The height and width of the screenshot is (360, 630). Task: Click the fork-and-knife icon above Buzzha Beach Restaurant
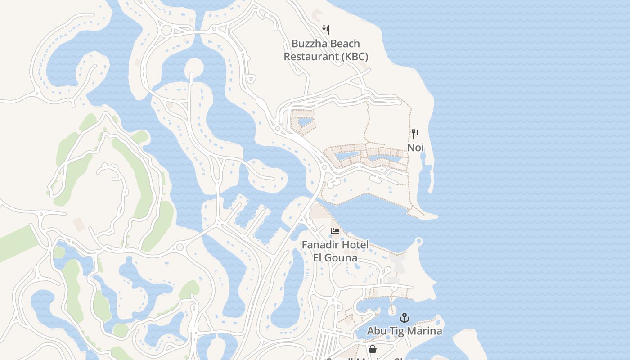click(326, 30)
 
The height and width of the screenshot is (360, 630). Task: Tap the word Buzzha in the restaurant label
click(309, 44)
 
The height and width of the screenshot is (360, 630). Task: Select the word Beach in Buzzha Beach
click(344, 44)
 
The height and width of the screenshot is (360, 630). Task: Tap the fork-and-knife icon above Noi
click(415, 134)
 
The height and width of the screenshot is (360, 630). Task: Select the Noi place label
click(415, 148)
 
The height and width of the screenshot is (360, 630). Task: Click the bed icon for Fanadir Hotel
click(335, 231)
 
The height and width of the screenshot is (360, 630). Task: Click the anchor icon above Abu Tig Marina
click(405, 318)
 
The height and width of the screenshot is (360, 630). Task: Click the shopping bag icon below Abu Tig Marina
click(373, 349)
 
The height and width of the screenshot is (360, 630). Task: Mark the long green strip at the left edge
click(18, 243)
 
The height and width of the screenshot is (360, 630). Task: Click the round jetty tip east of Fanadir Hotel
click(419, 242)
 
